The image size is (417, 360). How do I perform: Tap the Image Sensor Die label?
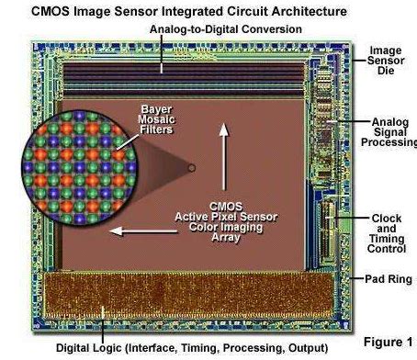coord(387,62)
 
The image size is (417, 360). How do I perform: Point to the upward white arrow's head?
coord(221,128)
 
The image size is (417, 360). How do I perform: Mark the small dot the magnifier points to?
coord(191,168)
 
